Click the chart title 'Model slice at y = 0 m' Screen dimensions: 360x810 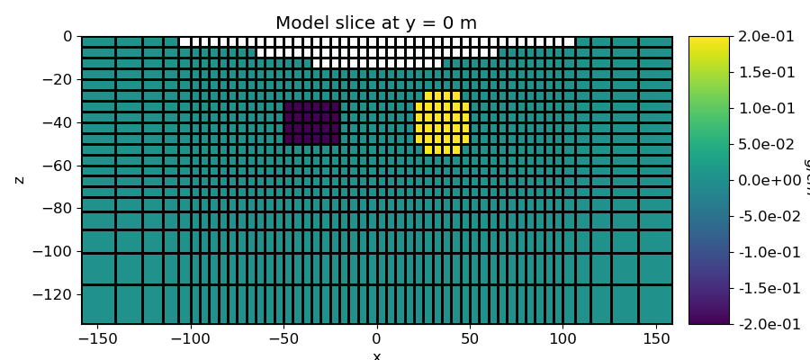(x=376, y=23)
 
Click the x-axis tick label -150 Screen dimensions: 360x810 (x=97, y=339)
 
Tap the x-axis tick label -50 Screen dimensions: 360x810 (x=283, y=339)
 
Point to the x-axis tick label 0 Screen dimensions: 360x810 (x=376, y=339)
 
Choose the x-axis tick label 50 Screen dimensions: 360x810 (x=470, y=339)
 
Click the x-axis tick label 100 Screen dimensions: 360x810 (x=562, y=339)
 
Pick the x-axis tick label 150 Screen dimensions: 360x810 (x=655, y=339)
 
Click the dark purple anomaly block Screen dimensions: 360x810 (x=311, y=123)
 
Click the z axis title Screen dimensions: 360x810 (x=20, y=180)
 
